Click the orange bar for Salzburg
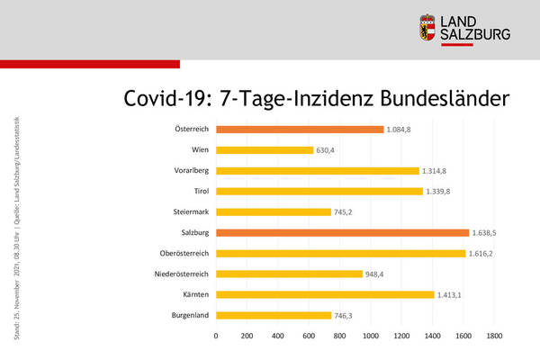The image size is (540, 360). [342, 232]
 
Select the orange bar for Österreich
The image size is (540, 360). [300, 130]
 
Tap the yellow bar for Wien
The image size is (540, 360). [265, 150]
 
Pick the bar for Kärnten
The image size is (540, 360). [325, 294]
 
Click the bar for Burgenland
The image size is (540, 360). [274, 315]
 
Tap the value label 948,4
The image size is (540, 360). [378, 274]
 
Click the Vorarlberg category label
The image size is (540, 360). [192, 171]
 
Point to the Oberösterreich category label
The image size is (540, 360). [185, 253]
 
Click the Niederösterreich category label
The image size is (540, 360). [182, 274]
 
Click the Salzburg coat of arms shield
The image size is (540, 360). [429, 28]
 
